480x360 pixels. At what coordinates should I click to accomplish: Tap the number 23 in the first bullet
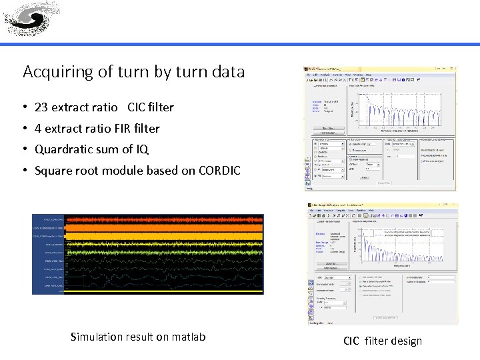[41, 107]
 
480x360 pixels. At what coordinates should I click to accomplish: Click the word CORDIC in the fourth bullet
[219, 171]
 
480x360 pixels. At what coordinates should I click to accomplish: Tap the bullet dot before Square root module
[25, 171]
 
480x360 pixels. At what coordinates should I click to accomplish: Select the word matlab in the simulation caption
[189, 337]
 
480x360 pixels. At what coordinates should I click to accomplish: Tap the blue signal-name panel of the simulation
[48, 253]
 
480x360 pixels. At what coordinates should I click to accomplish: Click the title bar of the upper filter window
[380, 69]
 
